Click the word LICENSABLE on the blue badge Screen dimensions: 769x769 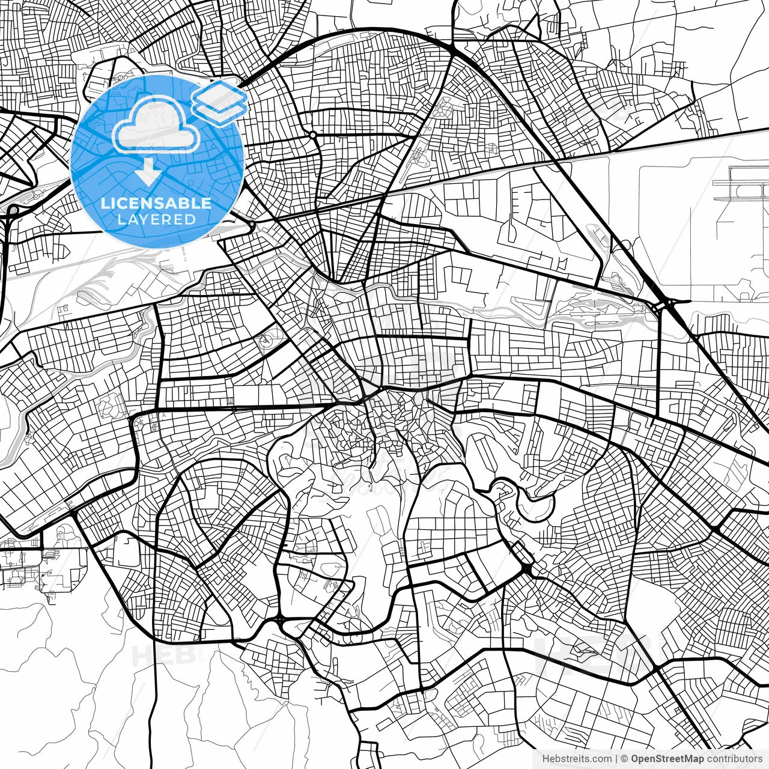156,203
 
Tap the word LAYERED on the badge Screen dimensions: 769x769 156,219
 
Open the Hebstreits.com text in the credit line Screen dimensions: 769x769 576,759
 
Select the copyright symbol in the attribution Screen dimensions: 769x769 624,759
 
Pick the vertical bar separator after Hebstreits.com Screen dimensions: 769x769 616,759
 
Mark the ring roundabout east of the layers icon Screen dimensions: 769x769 313,135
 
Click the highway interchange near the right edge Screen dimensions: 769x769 666,303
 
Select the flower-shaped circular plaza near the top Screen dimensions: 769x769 445,110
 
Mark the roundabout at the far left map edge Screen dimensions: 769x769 12,210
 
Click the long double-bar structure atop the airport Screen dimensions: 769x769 749,180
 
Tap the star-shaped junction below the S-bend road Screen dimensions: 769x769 527,568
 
